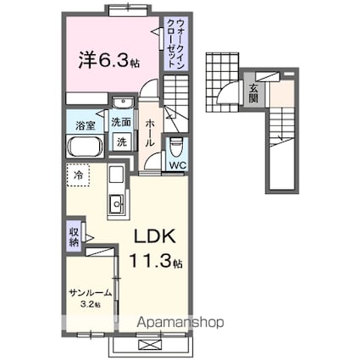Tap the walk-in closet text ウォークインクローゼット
click(x=172, y=42)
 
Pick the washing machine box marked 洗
click(x=122, y=141)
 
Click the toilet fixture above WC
click(x=177, y=142)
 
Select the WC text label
click(x=178, y=166)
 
